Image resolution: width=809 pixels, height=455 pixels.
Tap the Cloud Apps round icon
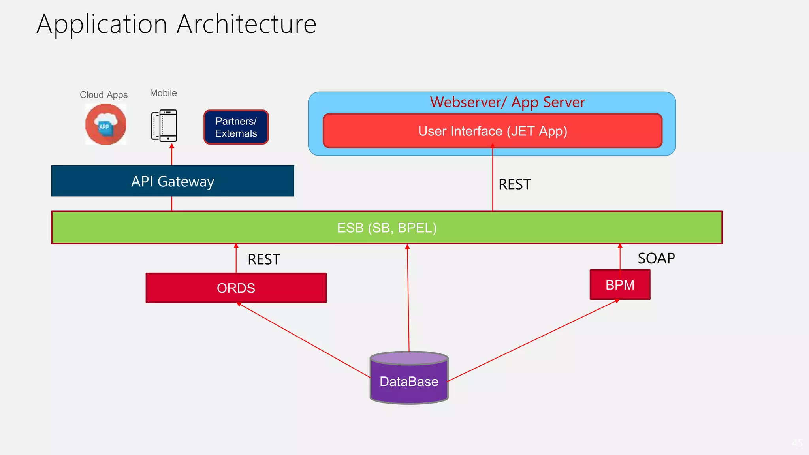[x=106, y=124]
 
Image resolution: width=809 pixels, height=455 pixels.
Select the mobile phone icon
[x=164, y=126]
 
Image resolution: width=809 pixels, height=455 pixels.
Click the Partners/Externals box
[x=236, y=127]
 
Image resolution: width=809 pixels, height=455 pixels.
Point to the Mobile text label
[x=163, y=93]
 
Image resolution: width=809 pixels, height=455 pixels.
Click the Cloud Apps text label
[x=103, y=95]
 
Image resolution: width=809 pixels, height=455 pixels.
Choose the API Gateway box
[x=173, y=181]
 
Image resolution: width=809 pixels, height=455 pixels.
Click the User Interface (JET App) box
[x=493, y=131]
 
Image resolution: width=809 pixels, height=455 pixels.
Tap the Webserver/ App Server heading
[x=507, y=102]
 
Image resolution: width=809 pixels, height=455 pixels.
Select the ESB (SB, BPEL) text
[x=387, y=228]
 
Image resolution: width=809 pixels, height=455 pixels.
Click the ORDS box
[x=236, y=288]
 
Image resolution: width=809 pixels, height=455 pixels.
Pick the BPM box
[x=620, y=285]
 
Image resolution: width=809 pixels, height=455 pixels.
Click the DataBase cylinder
[x=409, y=379]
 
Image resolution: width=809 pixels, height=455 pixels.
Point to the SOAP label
[x=656, y=258]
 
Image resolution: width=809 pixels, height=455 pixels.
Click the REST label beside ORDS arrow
[x=263, y=259]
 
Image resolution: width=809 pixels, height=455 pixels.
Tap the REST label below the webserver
[x=514, y=184]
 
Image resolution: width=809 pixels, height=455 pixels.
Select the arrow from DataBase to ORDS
[x=304, y=340]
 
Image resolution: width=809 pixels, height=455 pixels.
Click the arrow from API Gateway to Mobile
[x=172, y=155]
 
